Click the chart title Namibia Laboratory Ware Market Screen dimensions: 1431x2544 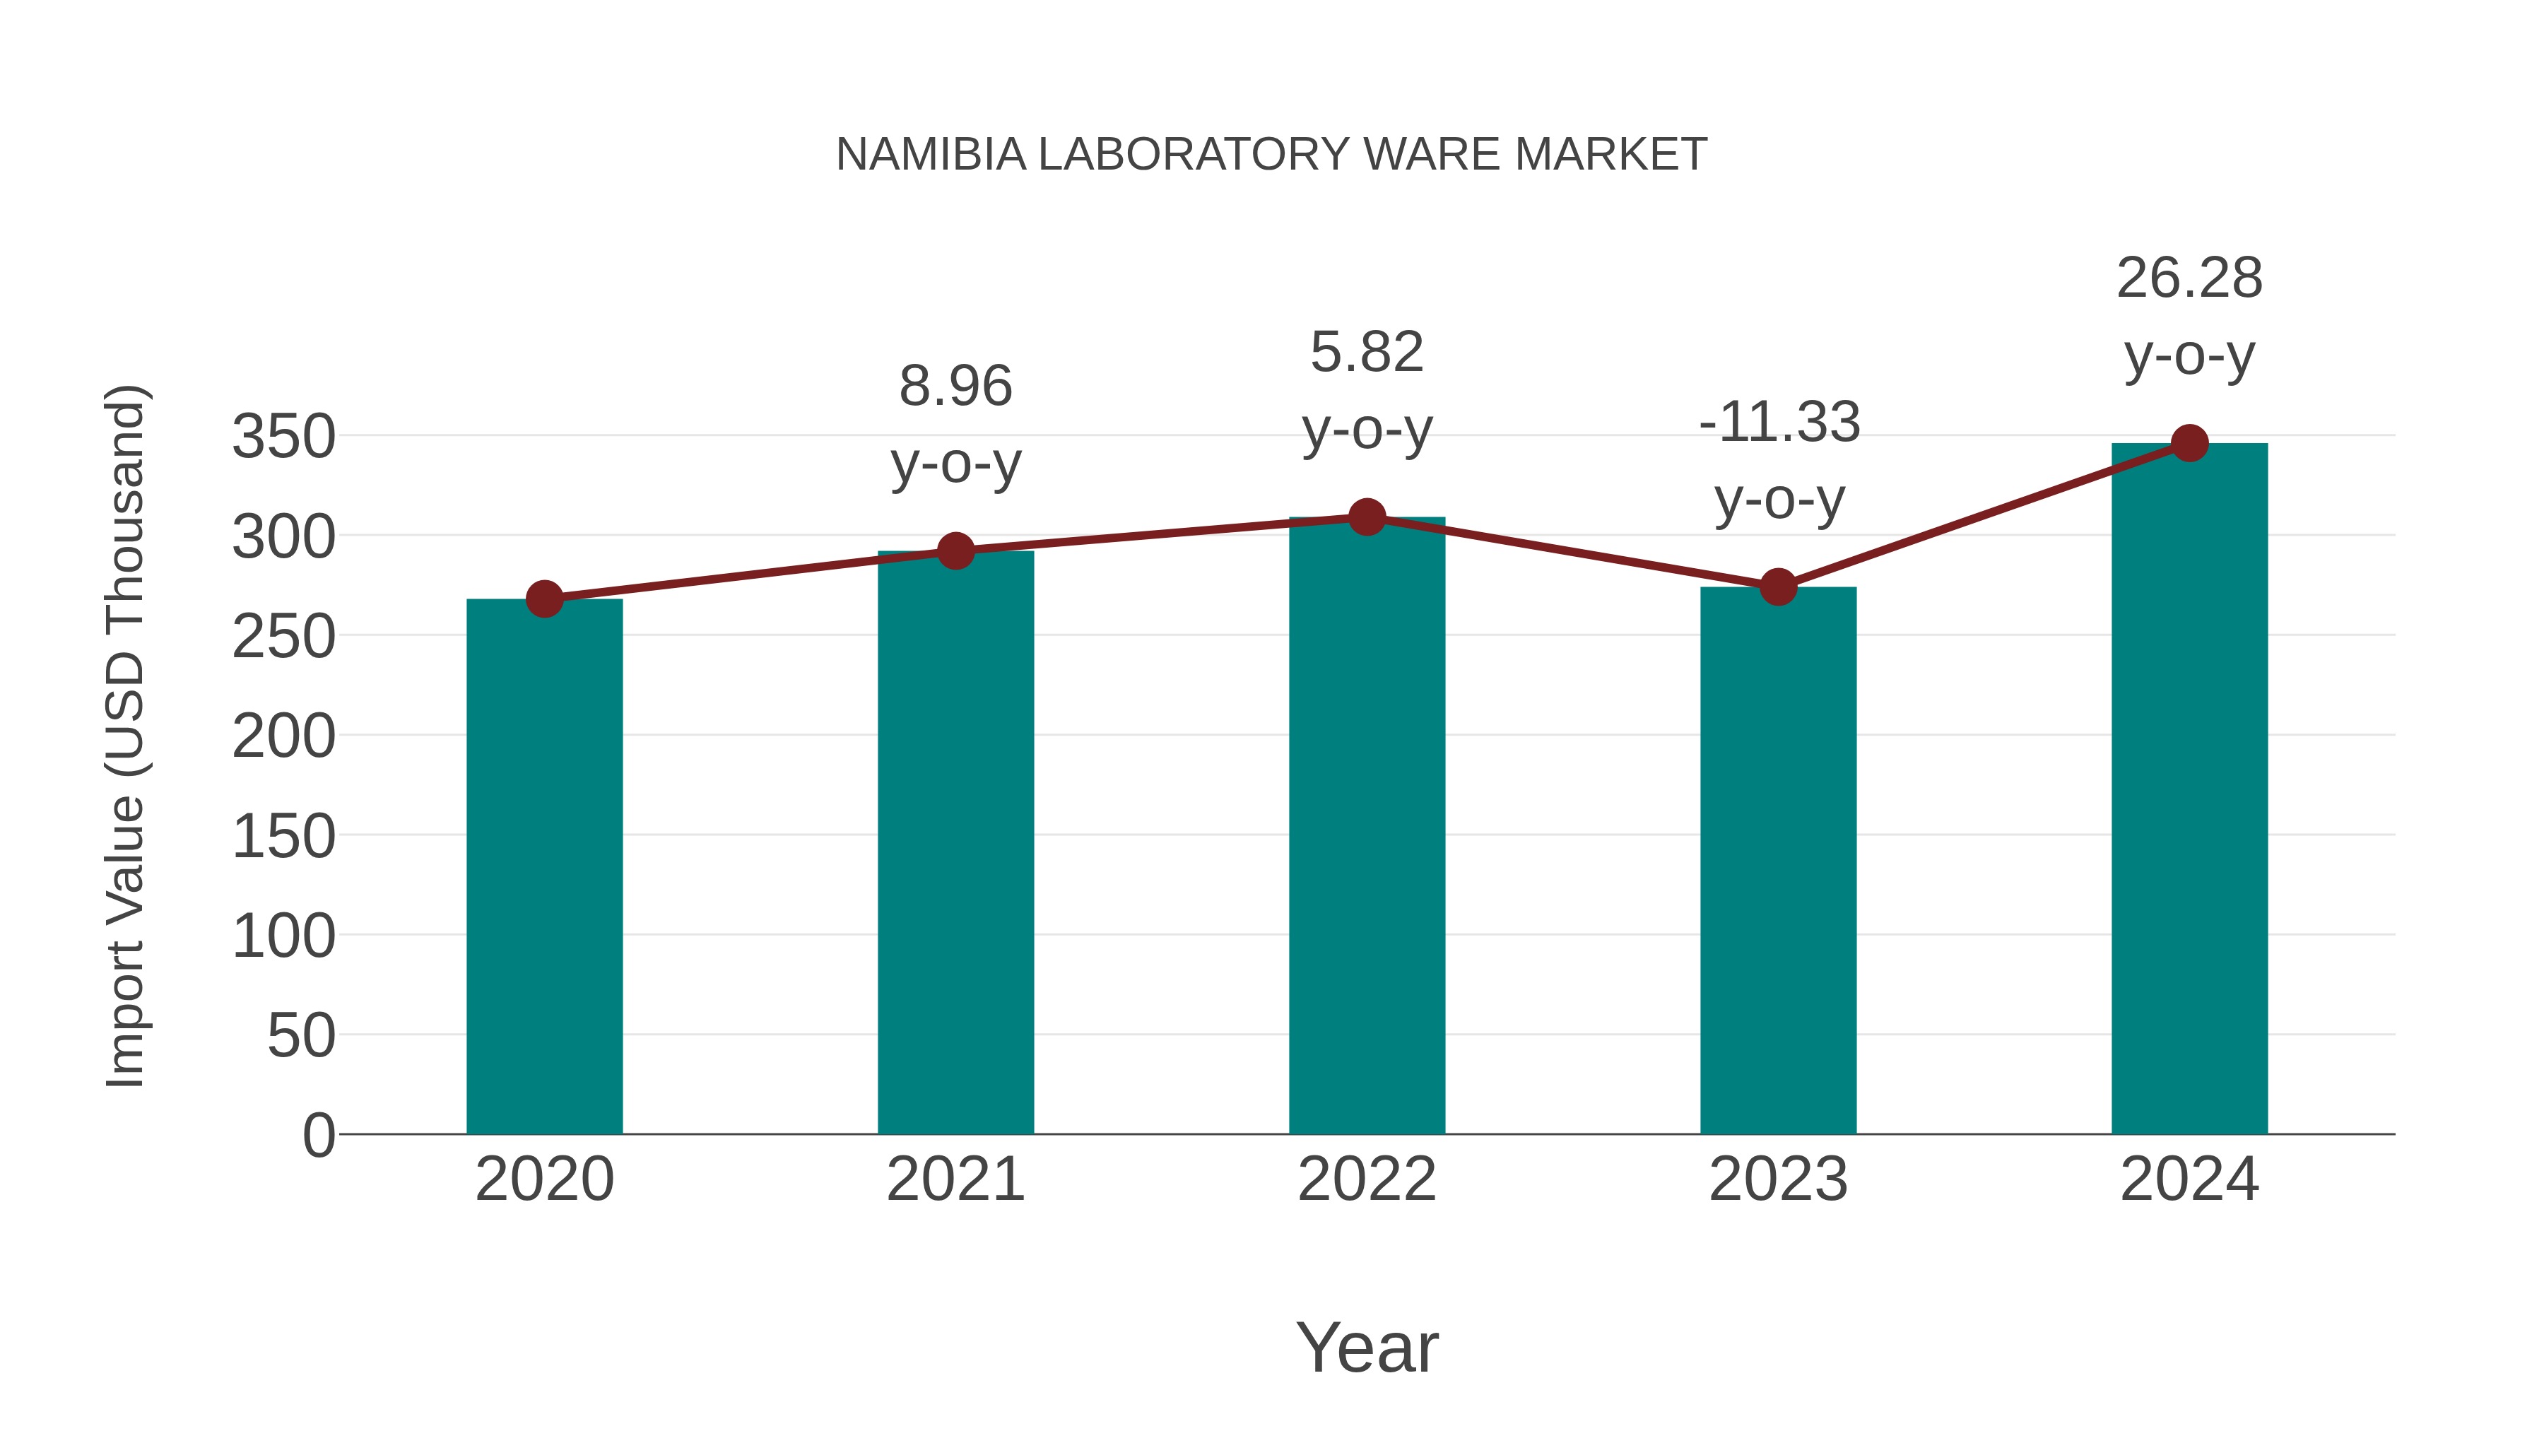[1271, 155]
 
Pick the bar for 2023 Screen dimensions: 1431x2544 [1778, 860]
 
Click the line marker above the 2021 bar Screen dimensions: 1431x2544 [955, 551]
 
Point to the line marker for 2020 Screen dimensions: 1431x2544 [544, 599]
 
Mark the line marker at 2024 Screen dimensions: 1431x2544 [2189, 443]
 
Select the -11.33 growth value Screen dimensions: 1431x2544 [1779, 423]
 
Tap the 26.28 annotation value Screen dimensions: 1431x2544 [2189, 278]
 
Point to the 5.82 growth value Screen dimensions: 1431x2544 [1367, 353]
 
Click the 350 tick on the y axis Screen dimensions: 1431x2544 [283, 437]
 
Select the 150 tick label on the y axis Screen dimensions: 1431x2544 [283, 837]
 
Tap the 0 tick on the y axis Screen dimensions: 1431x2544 [318, 1135]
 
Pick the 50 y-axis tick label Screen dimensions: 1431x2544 [300, 1036]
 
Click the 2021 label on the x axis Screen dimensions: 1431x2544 [955, 1179]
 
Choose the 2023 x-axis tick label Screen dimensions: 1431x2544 [1778, 1179]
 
